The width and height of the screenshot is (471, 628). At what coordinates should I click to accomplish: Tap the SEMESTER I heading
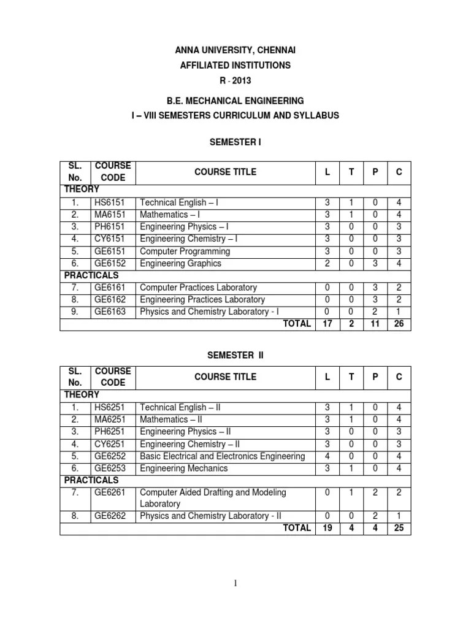pyautogui.click(x=235, y=142)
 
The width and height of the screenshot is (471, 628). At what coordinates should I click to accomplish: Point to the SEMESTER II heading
pyautogui.click(x=235, y=355)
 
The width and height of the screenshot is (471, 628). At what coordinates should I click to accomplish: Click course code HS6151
pyautogui.click(x=109, y=202)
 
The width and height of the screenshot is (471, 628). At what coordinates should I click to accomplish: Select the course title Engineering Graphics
pyautogui.click(x=180, y=263)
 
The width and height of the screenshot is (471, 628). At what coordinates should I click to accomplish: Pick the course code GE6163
pyautogui.click(x=109, y=312)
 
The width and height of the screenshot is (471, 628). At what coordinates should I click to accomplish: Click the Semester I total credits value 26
pyautogui.click(x=399, y=324)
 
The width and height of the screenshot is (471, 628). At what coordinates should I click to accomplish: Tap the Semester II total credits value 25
pyautogui.click(x=399, y=528)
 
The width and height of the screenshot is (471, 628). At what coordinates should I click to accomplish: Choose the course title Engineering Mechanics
pyautogui.click(x=183, y=468)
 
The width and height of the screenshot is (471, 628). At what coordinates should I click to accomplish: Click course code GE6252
pyautogui.click(x=109, y=456)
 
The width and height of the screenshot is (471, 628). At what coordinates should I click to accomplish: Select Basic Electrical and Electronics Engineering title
pyautogui.click(x=222, y=456)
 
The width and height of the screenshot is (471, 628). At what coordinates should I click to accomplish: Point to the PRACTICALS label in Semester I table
pyautogui.click(x=91, y=275)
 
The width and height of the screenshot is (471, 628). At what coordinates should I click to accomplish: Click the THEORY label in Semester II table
pyautogui.click(x=82, y=394)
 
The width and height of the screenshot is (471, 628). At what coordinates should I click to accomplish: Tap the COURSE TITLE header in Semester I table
pyautogui.click(x=225, y=172)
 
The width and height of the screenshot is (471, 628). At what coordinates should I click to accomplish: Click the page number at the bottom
pyautogui.click(x=235, y=583)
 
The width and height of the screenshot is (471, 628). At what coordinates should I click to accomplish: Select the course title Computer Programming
pyautogui.click(x=185, y=251)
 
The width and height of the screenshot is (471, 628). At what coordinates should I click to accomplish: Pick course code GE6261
pyautogui.click(x=109, y=492)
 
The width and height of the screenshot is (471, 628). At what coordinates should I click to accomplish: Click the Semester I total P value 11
pyautogui.click(x=375, y=324)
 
